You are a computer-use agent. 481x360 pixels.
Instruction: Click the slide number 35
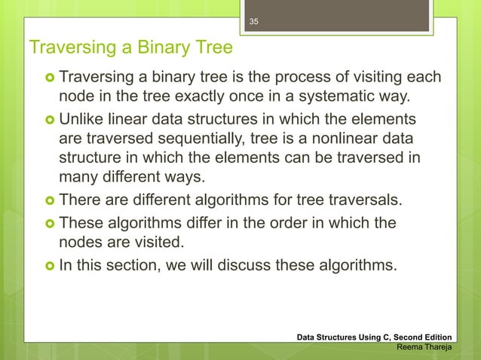254,22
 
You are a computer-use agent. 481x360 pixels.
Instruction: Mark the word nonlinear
357,140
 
